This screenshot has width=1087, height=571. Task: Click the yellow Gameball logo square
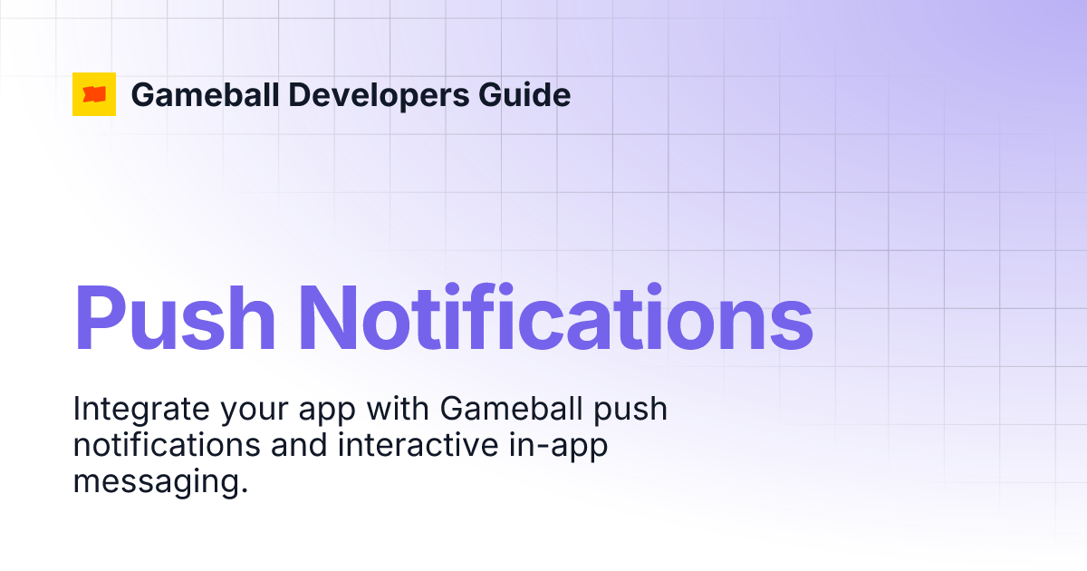click(94, 94)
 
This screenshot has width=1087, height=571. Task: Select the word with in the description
click(398, 410)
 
